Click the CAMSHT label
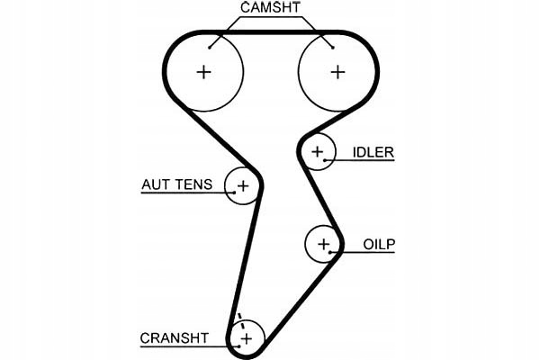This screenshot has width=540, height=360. click(270, 7)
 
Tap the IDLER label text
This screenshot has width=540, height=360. click(373, 152)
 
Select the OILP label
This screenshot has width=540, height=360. click(379, 244)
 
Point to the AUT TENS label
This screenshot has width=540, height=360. click(177, 184)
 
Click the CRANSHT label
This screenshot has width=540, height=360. click(175, 338)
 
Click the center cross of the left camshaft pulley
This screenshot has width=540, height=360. click(203, 72)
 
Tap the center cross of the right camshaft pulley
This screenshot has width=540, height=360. click(337, 72)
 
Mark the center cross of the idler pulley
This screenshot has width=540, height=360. click(317, 151)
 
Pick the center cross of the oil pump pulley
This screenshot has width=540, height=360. click(323, 244)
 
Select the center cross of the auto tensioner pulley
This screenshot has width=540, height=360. click(243, 186)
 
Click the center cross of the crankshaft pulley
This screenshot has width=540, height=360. click(247, 339)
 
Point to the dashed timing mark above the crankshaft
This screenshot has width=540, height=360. click(241, 321)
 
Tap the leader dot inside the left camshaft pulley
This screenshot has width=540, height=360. click(210, 48)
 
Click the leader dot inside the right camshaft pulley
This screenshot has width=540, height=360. click(333, 48)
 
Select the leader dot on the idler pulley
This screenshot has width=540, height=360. click(325, 160)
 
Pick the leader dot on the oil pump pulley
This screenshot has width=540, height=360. click(330, 252)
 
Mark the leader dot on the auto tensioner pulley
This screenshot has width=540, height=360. click(235, 193)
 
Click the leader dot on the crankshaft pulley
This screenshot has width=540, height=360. click(238, 346)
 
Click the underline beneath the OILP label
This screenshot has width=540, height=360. click(363, 253)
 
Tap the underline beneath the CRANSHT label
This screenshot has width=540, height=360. click(189, 346)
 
